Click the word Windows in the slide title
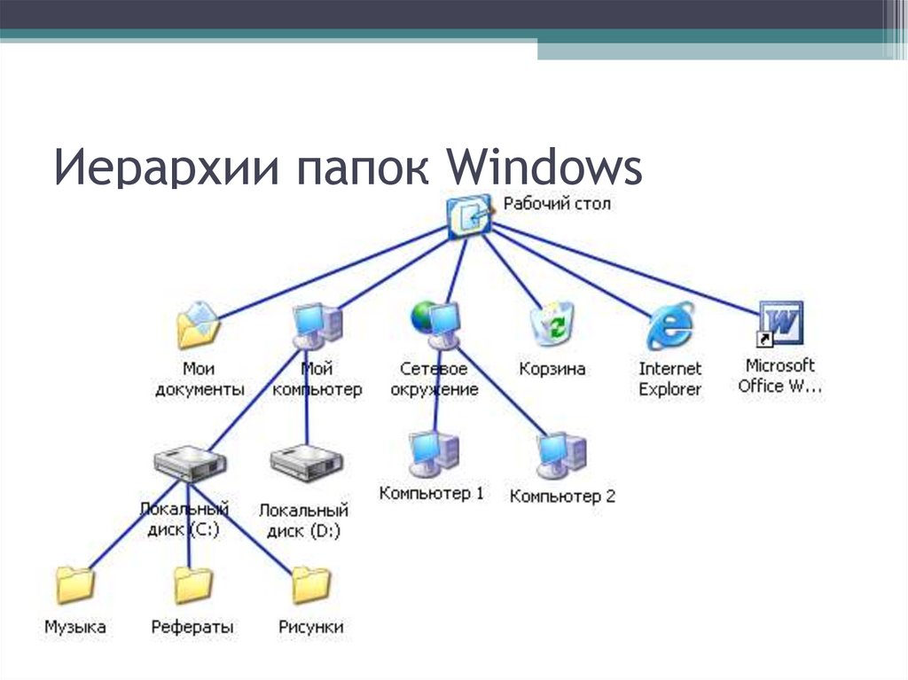(545, 169)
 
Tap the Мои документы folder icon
(197, 325)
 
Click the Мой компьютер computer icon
(317, 325)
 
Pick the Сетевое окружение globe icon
(434, 323)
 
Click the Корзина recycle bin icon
(552, 324)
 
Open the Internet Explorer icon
(669, 325)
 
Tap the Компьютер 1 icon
(433, 453)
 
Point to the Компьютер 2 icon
(560, 455)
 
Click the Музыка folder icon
(74, 585)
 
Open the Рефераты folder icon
(192, 585)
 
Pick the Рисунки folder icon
(310, 585)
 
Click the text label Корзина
(552, 368)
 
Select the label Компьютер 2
(561, 496)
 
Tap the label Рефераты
(192, 627)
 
